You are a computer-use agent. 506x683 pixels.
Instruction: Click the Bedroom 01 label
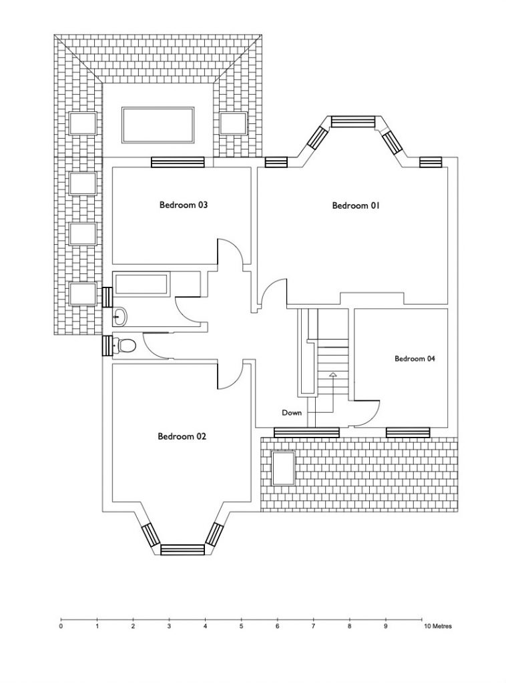(356, 205)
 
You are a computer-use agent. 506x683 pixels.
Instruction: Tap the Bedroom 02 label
(182, 436)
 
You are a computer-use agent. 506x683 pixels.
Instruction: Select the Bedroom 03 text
(183, 205)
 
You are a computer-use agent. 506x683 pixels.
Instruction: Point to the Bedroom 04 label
(415, 359)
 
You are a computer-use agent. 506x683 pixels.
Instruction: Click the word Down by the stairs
(292, 412)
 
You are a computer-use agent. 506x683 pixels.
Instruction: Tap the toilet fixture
(124, 346)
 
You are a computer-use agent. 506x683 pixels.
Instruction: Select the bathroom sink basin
(120, 317)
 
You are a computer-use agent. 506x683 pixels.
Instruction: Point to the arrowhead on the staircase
(333, 374)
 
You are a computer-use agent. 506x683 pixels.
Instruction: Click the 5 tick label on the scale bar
(241, 626)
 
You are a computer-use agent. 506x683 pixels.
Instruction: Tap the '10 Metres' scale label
(437, 626)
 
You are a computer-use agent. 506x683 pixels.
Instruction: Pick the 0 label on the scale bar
(61, 626)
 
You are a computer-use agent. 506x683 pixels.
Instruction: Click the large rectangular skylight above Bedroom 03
(158, 125)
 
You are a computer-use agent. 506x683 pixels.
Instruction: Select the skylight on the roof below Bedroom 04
(283, 468)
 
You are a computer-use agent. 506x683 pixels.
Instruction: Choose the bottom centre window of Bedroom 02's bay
(183, 550)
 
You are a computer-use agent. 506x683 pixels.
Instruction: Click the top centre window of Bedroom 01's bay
(353, 121)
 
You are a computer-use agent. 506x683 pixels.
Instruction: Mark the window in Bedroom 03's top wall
(178, 162)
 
